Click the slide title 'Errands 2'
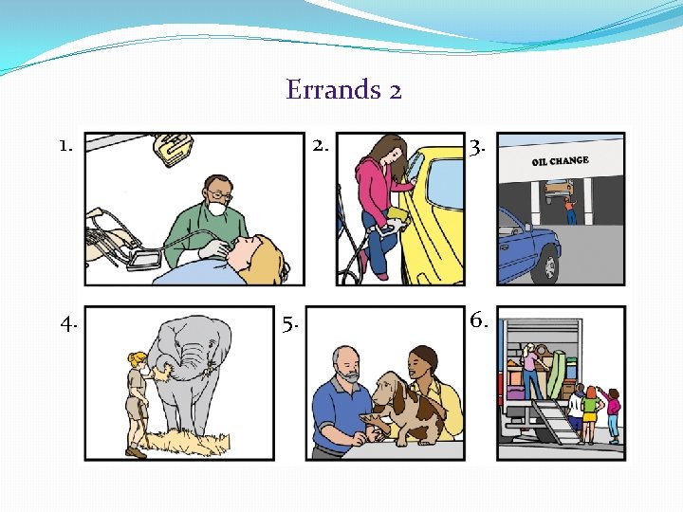click(343, 90)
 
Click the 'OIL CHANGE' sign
click(560, 161)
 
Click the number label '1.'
click(65, 146)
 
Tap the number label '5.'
click(289, 325)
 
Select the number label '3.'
click(479, 146)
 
